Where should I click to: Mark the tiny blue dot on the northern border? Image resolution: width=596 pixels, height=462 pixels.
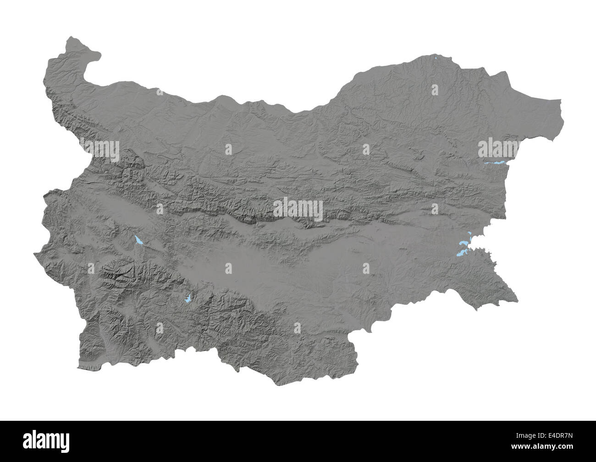click(x=436, y=58)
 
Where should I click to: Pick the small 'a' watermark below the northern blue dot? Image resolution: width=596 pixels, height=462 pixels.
click(x=435, y=90)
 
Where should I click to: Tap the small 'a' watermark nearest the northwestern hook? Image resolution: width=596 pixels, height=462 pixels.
click(x=160, y=90)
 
